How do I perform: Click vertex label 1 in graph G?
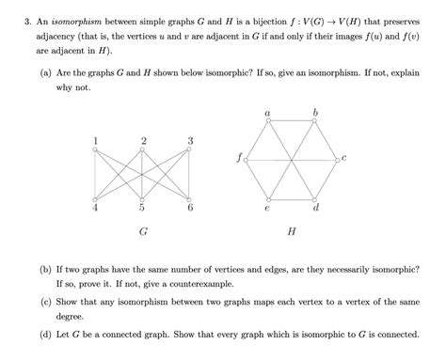95,141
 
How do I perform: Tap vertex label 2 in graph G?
143,141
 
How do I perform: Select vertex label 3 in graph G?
191,141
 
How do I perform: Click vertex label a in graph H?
268,113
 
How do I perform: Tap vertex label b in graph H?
315,113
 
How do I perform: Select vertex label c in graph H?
345,159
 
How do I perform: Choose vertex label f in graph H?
239,159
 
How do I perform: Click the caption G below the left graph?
142,230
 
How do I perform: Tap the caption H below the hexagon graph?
292,230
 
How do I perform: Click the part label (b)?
46,268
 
